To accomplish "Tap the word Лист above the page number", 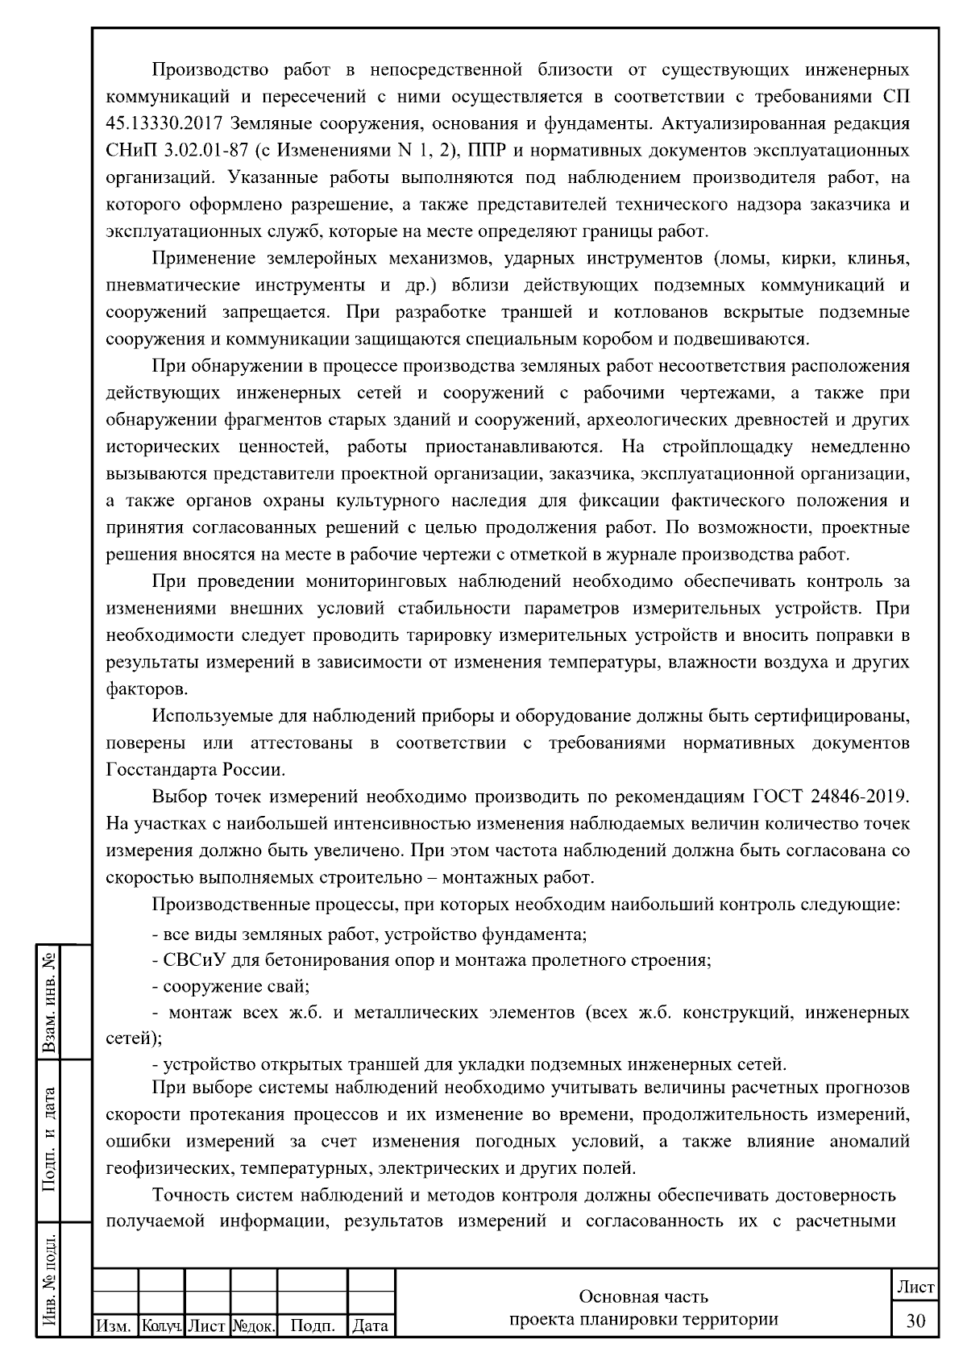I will point(916,1288).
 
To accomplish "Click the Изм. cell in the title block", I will point(115,1325).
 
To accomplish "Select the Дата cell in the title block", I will point(371,1325).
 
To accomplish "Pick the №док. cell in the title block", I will point(254,1325).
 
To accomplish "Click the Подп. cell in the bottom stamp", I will point(312,1325).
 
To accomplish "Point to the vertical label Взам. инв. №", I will point(51,1001).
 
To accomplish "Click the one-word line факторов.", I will point(136,689).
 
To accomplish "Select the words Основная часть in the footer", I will point(644,1296).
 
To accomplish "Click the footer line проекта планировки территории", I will point(644,1320).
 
